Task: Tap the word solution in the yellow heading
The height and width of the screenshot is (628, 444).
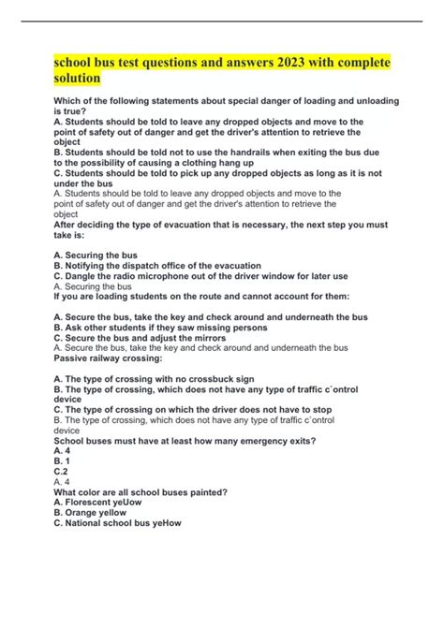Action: [81, 81]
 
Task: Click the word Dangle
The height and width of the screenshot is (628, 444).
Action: [86, 277]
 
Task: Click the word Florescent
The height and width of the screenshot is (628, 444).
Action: [98, 503]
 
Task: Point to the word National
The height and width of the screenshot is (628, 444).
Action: [90, 523]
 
